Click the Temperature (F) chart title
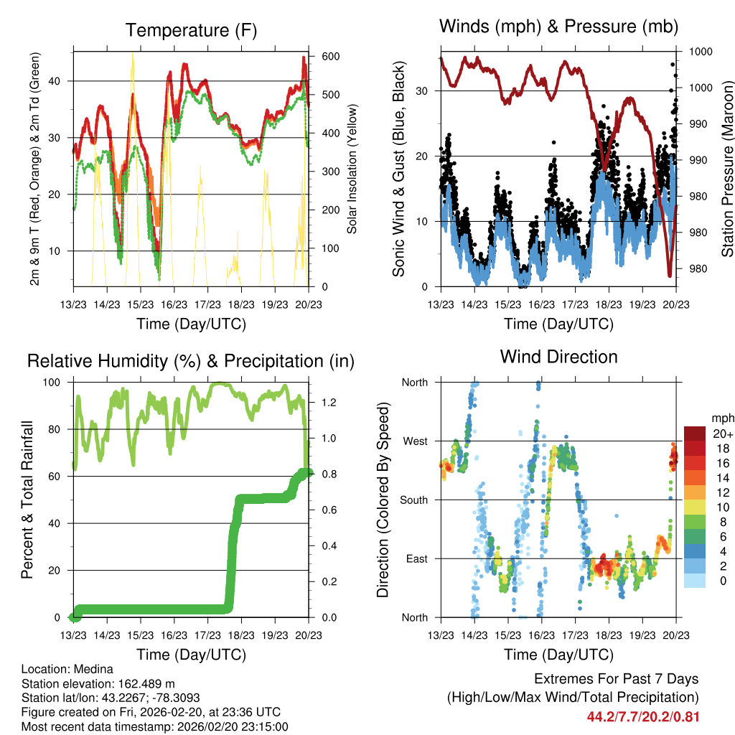coord(191,31)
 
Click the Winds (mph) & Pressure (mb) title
coord(558,27)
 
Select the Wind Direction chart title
coord(558,357)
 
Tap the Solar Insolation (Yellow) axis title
coord(352,168)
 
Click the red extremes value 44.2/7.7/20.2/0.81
coord(642,717)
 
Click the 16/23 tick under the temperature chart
coord(173,304)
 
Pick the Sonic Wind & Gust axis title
coord(398,169)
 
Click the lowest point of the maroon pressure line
coord(670,275)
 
